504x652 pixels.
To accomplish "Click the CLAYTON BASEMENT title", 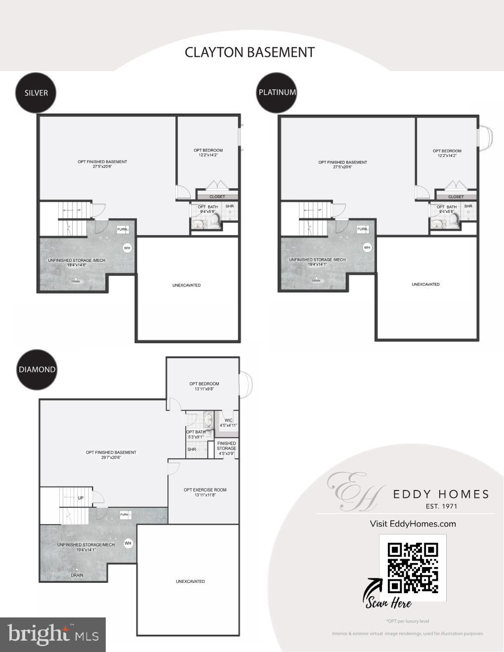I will (x=250, y=52).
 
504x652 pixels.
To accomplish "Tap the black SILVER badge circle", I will (x=36, y=92).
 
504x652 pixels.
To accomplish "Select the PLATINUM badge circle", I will (x=277, y=92).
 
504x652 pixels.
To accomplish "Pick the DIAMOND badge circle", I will (x=37, y=369).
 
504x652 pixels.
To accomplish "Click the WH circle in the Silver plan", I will (x=127, y=248).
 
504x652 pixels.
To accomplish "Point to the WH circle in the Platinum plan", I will (x=367, y=247).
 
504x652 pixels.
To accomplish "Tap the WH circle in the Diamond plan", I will (x=128, y=543).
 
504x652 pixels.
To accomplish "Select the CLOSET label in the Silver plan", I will (x=217, y=197).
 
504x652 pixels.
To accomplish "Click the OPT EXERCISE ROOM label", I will (x=205, y=490).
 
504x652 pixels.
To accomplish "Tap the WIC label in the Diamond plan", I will (x=228, y=421).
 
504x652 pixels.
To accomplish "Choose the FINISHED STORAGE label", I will (x=227, y=446).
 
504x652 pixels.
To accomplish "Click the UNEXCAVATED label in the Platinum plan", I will (x=425, y=285).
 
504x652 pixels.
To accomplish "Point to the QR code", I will (x=413, y=568).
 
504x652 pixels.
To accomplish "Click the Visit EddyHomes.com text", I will (x=413, y=524).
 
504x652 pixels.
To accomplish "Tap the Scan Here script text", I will (x=388, y=603).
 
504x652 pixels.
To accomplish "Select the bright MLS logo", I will (x=53, y=634).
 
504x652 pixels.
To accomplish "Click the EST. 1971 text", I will (x=441, y=506).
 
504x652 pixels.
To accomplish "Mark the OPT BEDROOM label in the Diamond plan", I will (x=204, y=384).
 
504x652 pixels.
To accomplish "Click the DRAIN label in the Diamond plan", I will (x=77, y=575).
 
